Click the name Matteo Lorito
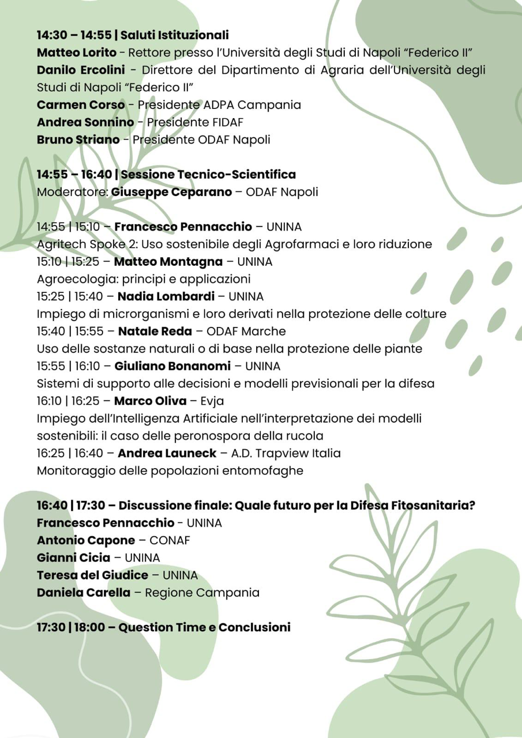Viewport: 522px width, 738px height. tap(76, 53)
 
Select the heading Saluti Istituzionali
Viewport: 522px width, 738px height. tap(175, 36)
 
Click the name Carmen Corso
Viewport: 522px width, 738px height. tap(80, 105)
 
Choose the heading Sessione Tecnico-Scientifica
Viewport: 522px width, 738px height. tap(208, 174)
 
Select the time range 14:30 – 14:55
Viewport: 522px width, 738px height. tap(74, 36)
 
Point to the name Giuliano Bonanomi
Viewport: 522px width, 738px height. tap(172, 366)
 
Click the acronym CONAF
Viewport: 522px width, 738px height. tap(170, 540)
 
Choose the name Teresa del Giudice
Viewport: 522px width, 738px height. tap(92, 575)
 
